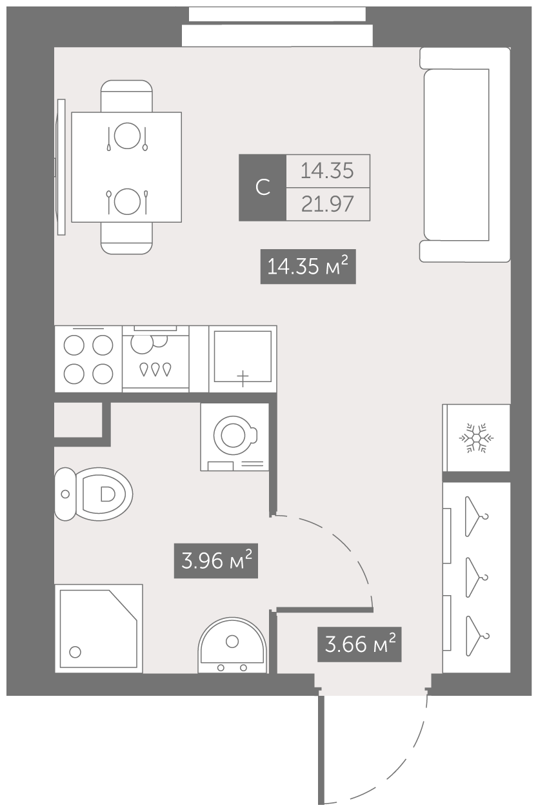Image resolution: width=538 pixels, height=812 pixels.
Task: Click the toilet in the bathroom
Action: pyautogui.click(x=94, y=494)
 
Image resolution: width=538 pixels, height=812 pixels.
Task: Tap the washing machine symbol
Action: pyautogui.click(x=235, y=437)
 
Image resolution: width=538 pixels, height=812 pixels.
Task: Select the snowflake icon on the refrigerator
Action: pyautogui.click(x=477, y=438)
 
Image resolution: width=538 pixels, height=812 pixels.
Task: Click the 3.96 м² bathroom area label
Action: pyautogui.click(x=216, y=560)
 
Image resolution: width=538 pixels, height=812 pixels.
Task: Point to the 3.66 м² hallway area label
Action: pyautogui.click(x=359, y=644)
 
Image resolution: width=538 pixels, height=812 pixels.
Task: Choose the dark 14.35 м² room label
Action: pyautogui.click(x=308, y=267)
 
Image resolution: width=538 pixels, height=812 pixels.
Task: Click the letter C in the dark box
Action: pyautogui.click(x=263, y=187)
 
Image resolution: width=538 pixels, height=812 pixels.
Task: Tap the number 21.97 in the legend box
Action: pyautogui.click(x=327, y=204)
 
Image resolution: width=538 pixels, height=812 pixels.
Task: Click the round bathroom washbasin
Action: pyautogui.click(x=232, y=645)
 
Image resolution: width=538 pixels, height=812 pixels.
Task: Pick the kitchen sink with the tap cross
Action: pyautogui.click(x=243, y=359)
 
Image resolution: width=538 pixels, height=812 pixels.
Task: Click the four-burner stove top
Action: pyautogui.click(x=88, y=359)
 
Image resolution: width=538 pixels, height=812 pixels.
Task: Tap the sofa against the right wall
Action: pyautogui.click(x=465, y=155)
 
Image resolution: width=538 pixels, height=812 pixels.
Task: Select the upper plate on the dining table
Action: pyautogui.click(x=127, y=136)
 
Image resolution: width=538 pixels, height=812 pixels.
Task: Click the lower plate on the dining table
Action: pyautogui.click(x=127, y=201)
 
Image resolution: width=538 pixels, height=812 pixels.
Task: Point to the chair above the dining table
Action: pyautogui.click(x=126, y=96)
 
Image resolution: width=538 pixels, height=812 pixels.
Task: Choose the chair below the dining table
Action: pyautogui.click(x=126, y=238)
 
